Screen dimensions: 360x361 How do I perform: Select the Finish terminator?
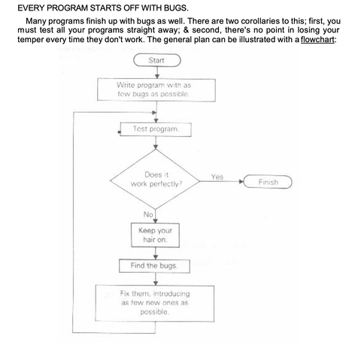(x=268, y=182)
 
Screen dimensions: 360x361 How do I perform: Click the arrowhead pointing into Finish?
(x=243, y=182)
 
